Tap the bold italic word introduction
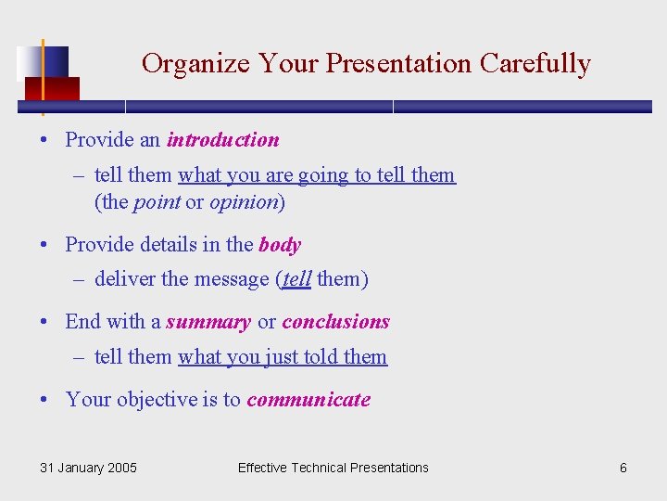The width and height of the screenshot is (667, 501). coord(222,140)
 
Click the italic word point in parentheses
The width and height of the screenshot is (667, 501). coord(157,202)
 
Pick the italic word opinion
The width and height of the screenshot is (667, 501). coord(244,202)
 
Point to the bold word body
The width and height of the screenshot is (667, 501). coord(280,245)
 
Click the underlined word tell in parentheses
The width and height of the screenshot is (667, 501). coord(296,279)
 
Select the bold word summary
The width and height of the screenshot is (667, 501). coord(208,322)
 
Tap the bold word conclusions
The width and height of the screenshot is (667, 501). coord(335,322)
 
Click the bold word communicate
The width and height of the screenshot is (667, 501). coord(308,400)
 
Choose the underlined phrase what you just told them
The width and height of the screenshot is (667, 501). coord(283,357)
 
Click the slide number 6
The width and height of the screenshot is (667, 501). coord(623,468)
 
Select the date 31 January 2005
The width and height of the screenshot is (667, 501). coord(88,468)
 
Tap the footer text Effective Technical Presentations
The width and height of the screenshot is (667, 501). coord(333,468)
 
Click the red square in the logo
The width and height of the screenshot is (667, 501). coord(52,88)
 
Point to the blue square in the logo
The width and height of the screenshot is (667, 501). coord(54,61)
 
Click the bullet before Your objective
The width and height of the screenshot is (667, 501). coord(44,401)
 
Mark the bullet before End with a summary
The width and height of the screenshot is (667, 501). coord(44,323)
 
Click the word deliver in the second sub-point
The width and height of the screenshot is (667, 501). coord(125,279)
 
